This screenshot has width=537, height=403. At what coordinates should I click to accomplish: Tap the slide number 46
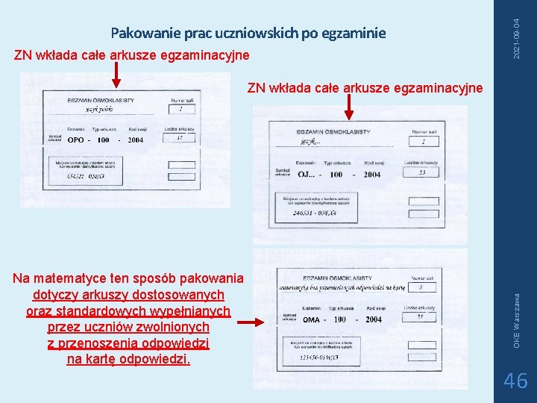click(516, 381)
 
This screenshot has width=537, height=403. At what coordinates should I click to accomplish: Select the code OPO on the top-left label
click(75, 140)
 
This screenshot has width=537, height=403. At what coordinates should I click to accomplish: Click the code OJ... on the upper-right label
click(306, 175)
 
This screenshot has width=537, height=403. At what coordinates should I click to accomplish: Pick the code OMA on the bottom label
click(312, 319)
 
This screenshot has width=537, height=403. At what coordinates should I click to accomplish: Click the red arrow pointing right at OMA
click(253, 323)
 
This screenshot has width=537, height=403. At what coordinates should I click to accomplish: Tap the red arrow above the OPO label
click(116, 75)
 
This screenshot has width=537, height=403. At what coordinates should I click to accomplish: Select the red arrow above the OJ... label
click(347, 107)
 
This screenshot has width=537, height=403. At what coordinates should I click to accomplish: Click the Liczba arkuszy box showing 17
click(179, 138)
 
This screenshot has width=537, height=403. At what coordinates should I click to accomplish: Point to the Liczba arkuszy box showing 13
click(422, 172)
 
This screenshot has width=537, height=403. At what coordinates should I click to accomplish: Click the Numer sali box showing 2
click(180, 110)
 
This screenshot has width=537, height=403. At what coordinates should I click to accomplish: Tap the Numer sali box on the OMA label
click(421, 287)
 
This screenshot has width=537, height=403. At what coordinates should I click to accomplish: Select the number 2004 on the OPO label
click(135, 140)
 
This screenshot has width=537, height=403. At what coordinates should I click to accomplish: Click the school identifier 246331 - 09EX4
click(315, 213)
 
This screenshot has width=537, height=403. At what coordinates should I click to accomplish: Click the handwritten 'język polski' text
click(82, 110)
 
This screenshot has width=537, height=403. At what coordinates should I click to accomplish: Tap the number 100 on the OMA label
click(339, 319)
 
